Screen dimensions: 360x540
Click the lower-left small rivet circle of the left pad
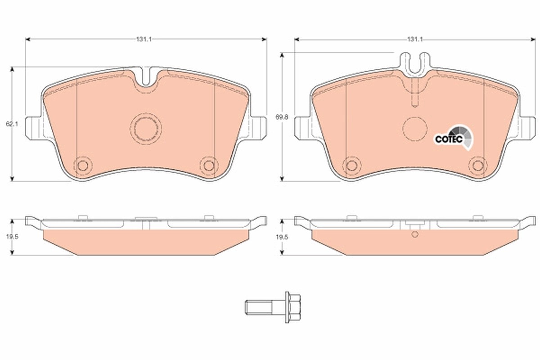pyautogui.click(x=82, y=165)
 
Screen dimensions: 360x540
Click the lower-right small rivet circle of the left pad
pyautogui.click(x=208, y=165)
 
